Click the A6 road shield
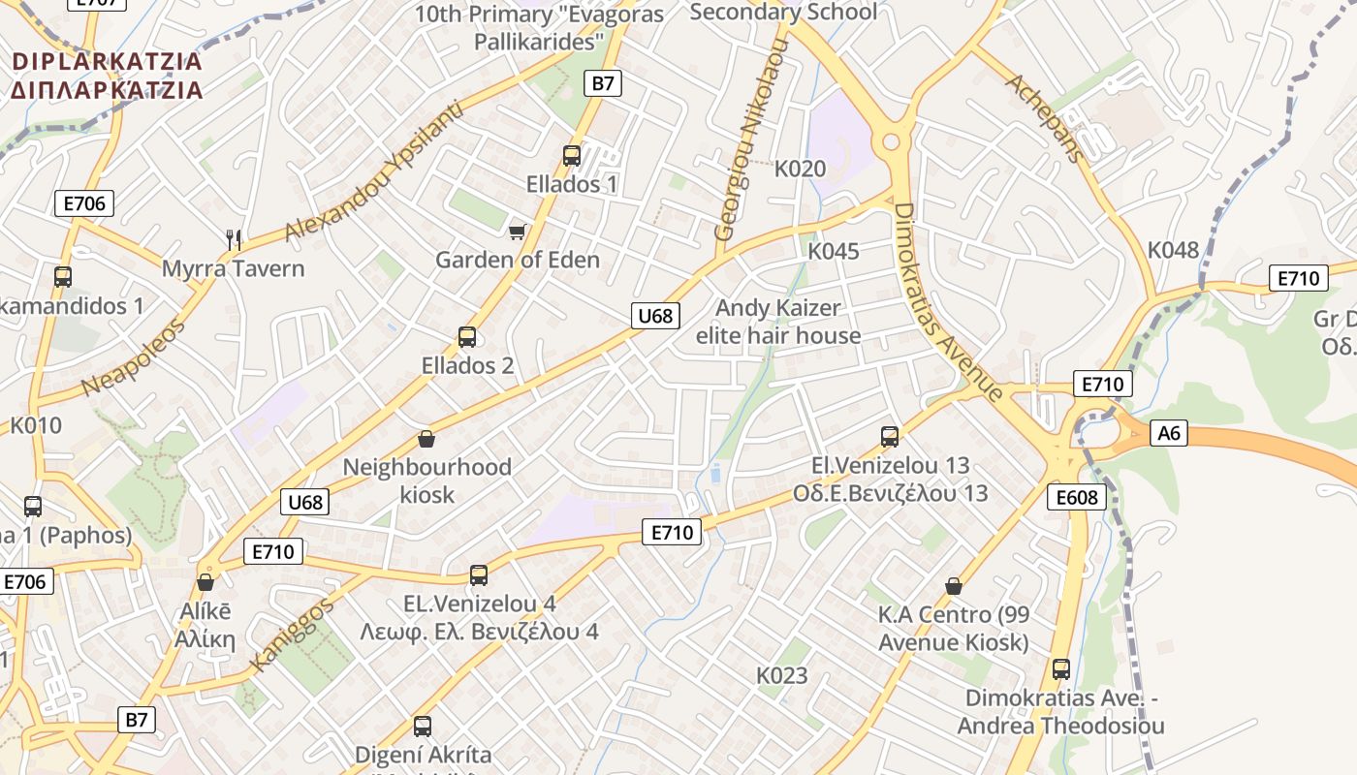(x=1170, y=432)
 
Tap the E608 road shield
(x=1076, y=498)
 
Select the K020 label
(x=800, y=169)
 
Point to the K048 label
(x=1173, y=250)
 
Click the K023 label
(x=781, y=675)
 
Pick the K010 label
(x=36, y=425)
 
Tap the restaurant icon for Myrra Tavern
(x=233, y=238)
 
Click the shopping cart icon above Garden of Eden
(x=518, y=232)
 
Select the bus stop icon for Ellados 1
(x=572, y=155)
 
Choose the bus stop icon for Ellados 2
(x=467, y=337)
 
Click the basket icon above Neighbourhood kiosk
(x=426, y=439)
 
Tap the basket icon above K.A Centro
(x=954, y=585)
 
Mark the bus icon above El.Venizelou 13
(x=890, y=436)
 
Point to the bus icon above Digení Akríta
(x=423, y=726)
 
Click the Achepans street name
(x=1044, y=116)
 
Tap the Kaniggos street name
(x=292, y=635)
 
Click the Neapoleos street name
(x=133, y=356)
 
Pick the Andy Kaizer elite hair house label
(x=778, y=322)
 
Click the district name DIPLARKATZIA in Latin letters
(x=107, y=62)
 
